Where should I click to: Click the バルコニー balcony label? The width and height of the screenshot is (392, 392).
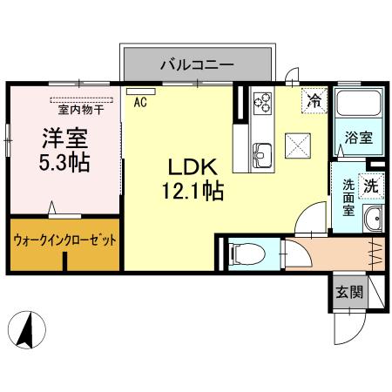(x=196, y=64)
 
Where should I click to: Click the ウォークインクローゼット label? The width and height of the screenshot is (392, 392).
(x=65, y=240)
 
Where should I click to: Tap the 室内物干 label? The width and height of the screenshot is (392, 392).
(x=80, y=110)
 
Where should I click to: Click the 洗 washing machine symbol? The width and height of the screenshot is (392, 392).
(x=370, y=185)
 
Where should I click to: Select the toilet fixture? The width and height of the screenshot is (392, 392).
(x=243, y=253)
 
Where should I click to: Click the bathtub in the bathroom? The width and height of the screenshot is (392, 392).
(x=355, y=107)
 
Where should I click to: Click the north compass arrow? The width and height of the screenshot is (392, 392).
(x=26, y=331)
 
